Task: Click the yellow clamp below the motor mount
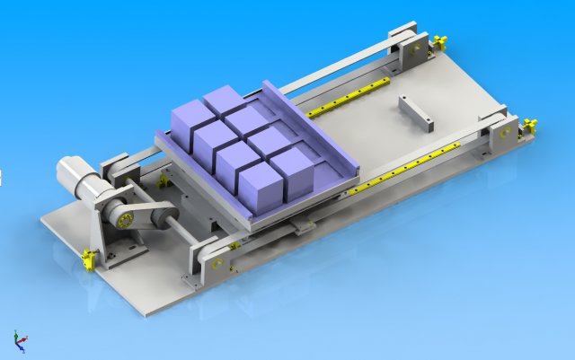pos(89,259)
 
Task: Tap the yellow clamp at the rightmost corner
pos(529,125)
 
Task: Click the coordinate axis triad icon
pos(19,340)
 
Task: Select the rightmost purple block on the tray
pos(292,167)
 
